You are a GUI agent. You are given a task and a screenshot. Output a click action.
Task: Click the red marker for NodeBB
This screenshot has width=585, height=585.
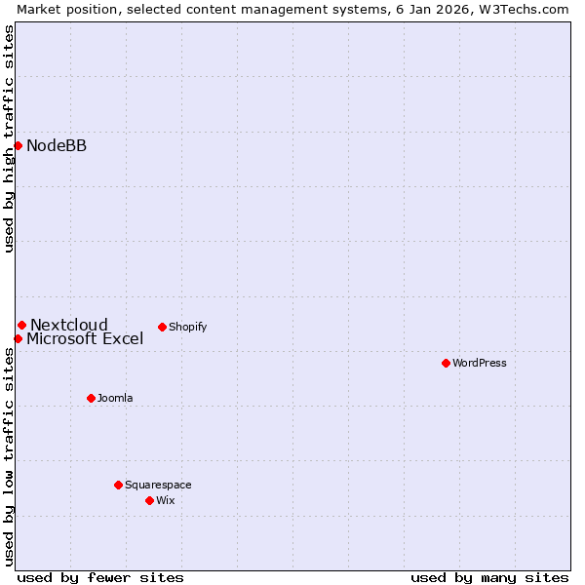(x=18, y=145)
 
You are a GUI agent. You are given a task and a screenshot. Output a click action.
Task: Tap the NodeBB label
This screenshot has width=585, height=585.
(x=57, y=146)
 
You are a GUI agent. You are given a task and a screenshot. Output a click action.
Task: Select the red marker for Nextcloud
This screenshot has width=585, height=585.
(x=21, y=325)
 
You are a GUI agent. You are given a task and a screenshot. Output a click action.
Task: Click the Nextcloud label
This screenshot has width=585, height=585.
(x=69, y=326)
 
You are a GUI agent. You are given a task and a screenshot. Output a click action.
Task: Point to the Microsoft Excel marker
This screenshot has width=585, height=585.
(x=18, y=338)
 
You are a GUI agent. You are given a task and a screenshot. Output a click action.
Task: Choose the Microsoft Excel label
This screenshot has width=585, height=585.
(x=85, y=339)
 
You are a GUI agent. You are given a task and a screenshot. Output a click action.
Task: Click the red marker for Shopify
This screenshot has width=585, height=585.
(x=162, y=327)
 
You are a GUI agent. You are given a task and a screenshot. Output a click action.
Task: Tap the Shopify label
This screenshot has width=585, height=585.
(x=188, y=328)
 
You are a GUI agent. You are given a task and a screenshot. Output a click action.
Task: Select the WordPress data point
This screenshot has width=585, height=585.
(x=446, y=363)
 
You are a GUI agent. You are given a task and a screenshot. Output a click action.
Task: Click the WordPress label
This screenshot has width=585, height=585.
(x=480, y=364)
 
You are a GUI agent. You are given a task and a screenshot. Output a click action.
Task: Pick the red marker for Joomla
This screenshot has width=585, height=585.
(x=91, y=398)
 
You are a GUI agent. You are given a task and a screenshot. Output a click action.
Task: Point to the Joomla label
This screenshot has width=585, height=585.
(x=115, y=399)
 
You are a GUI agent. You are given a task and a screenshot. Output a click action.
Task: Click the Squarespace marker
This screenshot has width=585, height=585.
(x=118, y=485)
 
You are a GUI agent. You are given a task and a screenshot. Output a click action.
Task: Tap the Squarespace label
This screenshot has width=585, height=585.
(x=158, y=486)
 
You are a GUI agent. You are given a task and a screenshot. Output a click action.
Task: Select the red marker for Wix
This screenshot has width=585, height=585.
(x=149, y=500)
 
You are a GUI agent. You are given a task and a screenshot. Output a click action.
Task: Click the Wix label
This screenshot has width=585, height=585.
(x=166, y=501)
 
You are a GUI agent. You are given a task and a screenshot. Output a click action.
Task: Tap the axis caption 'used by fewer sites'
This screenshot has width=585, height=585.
(x=100, y=577)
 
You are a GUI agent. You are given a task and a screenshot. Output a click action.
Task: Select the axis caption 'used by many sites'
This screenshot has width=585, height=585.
(x=489, y=577)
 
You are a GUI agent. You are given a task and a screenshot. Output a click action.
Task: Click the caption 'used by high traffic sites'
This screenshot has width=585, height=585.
(x=9, y=138)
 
